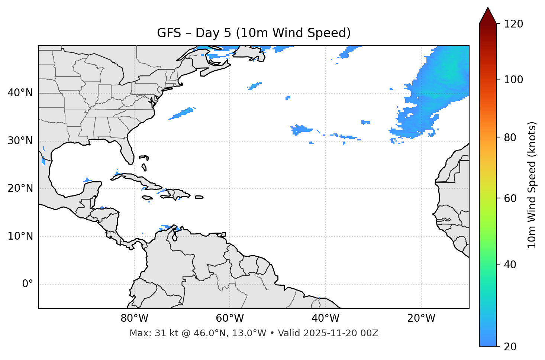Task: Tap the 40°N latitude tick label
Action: pos(20,93)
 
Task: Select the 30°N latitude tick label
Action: pos(20,141)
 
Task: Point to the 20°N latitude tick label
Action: pos(20,188)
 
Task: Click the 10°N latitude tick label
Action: pos(20,236)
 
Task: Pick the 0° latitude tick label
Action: pos(28,284)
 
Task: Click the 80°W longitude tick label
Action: pos(134,318)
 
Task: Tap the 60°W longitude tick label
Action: pos(230,318)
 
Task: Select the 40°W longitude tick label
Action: pos(325,318)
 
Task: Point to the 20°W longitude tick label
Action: pos(421,318)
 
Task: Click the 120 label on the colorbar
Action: pos(513,24)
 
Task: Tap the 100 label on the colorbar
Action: pos(513,80)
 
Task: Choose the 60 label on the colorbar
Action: pos(510,198)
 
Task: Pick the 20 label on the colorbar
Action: pos(510,347)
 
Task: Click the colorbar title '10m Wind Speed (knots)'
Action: pos(532,185)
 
